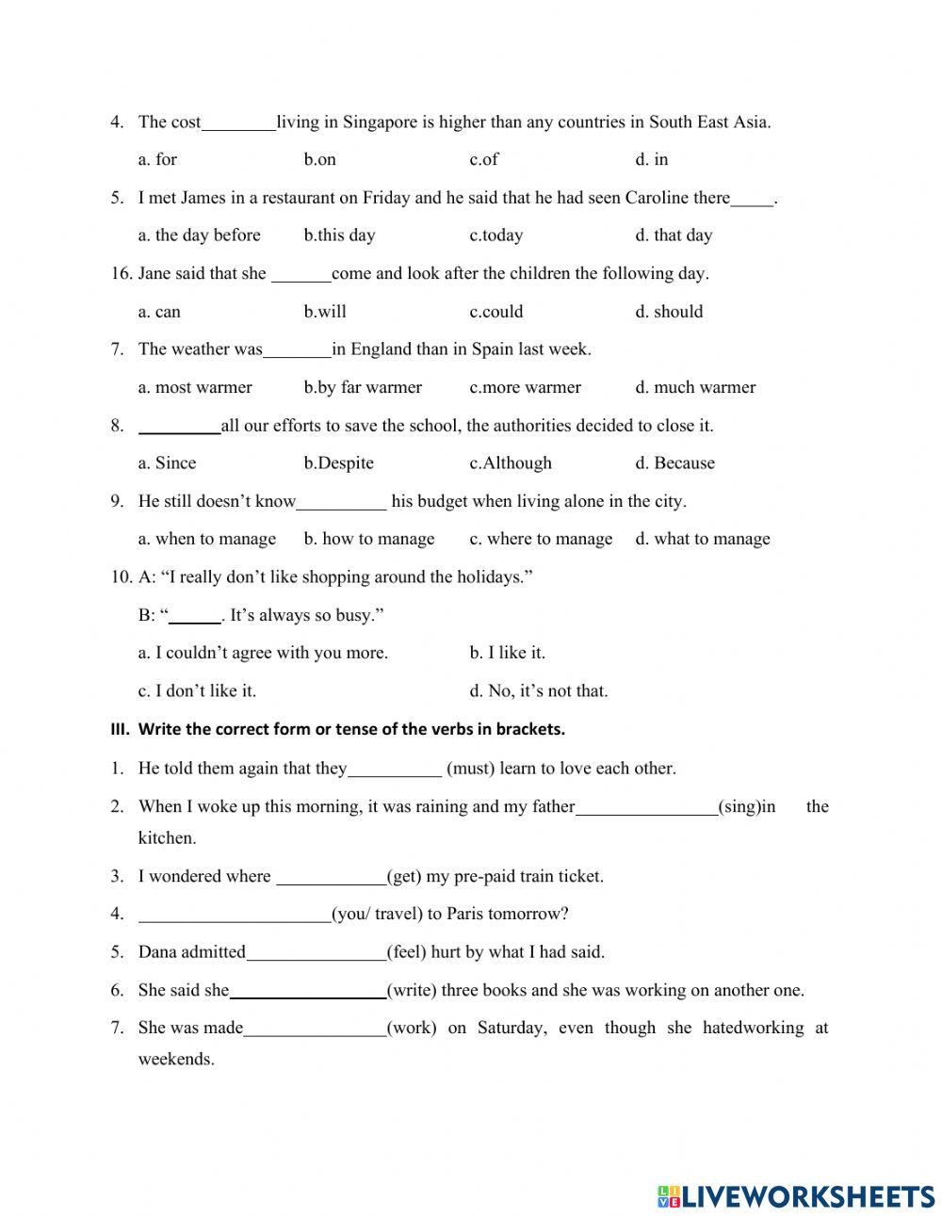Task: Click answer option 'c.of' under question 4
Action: pyautogui.click(x=483, y=159)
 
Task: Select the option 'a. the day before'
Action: pyautogui.click(x=199, y=235)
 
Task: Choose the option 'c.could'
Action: pyautogui.click(x=495, y=312)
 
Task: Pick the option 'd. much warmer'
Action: pyautogui.click(x=695, y=387)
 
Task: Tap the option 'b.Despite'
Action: pyautogui.click(x=338, y=463)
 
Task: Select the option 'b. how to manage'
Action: pyautogui.click(x=369, y=539)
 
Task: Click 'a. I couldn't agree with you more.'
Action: pyautogui.click(x=263, y=653)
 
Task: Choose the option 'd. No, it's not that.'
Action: pyautogui.click(x=539, y=690)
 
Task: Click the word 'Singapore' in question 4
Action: pyautogui.click(x=380, y=122)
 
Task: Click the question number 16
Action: pyautogui.click(x=121, y=273)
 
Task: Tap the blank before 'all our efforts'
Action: pyautogui.click(x=179, y=427)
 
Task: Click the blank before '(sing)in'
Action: pyautogui.click(x=645, y=807)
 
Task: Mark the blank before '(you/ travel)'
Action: pyautogui.click(x=234, y=915)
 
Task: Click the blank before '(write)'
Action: pyautogui.click(x=308, y=991)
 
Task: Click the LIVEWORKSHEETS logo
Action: pyautogui.click(x=796, y=1195)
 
